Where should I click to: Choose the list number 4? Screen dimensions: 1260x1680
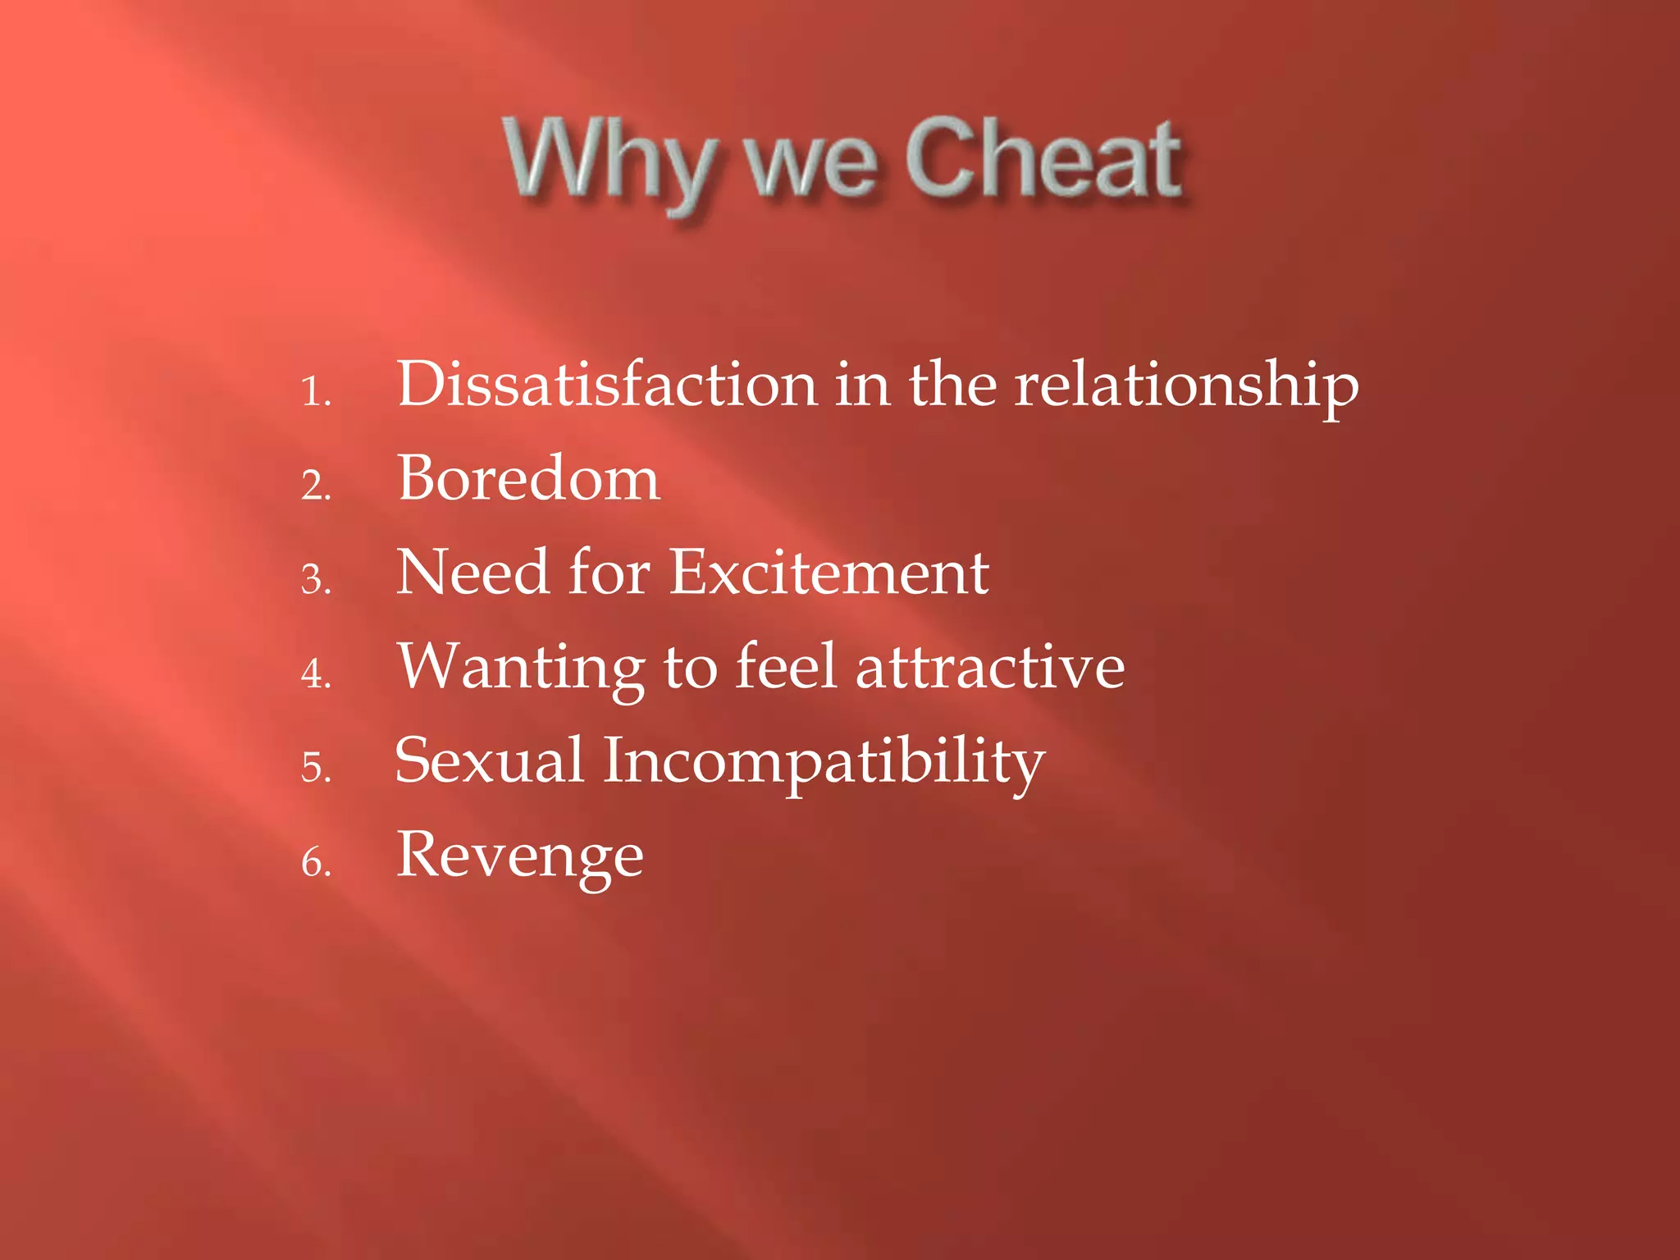(316, 673)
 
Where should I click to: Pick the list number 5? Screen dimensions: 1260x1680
(316, 768)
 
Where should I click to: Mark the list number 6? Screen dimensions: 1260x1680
(316, 862)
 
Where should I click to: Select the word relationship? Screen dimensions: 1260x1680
(1186, 386)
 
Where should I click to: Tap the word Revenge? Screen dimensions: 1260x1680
(520, 856)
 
